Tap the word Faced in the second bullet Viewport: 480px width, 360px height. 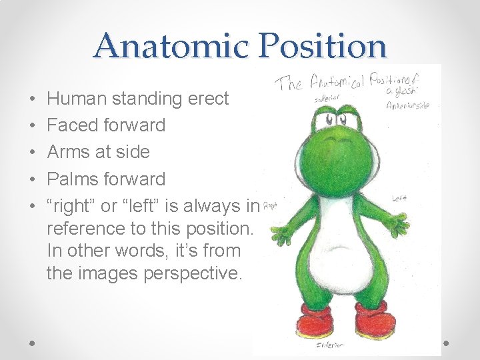tap(73, 125)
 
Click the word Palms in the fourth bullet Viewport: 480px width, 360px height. tap(75, 179)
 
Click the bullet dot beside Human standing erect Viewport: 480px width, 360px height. tap(33, 99)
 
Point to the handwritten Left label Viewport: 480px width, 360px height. tap(399, 198)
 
